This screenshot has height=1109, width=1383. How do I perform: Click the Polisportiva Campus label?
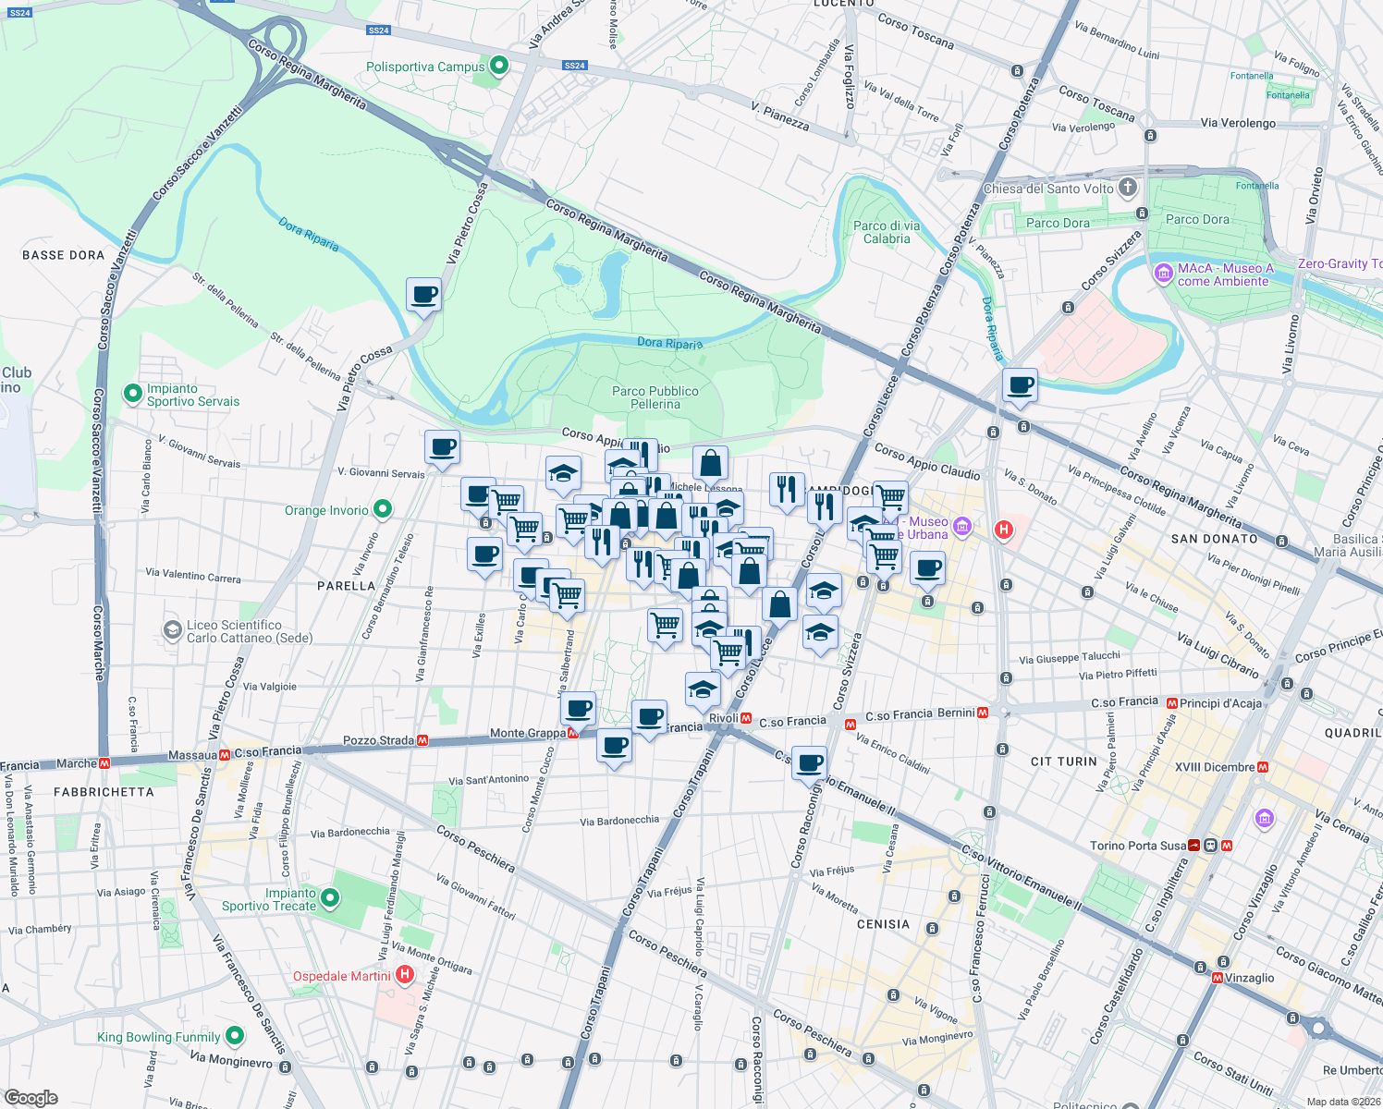(425, 67)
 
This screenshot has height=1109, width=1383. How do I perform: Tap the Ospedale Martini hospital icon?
(404, 975)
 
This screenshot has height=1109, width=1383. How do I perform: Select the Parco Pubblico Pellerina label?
(655, 397)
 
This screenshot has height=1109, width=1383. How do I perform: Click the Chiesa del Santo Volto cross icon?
(1127, 189)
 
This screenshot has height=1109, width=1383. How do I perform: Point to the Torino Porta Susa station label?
(1137, 846)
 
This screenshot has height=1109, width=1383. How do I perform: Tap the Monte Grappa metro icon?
(573, 733)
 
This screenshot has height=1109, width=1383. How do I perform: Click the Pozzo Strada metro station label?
(378, 740)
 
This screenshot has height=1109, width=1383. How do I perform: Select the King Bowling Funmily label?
(159, 1037)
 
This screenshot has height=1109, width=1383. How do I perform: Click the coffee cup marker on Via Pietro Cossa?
(423, 296)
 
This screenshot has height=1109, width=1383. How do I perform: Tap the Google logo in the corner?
(31, 1098)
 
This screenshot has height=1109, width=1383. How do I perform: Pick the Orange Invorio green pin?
(383, 509)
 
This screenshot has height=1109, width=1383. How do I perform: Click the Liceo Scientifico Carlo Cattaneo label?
(249, 631)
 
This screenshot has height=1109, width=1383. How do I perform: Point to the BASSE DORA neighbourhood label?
(63, 255)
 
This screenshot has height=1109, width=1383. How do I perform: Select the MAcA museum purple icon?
(1163, 274)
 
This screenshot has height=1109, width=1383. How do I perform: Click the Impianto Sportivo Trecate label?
(269, 899)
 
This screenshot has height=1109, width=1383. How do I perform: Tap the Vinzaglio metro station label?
(1249, 978)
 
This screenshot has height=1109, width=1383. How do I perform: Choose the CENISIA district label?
(883, 924)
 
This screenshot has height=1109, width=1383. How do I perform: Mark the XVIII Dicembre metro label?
(1215, 767)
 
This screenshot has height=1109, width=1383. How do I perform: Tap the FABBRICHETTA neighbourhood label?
(104, 792)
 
